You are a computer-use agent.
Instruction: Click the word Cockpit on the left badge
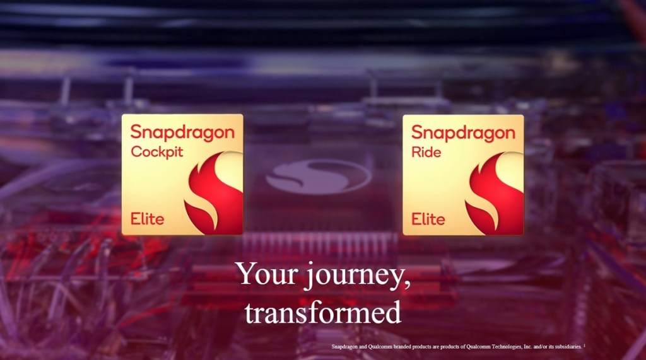coord(155,152)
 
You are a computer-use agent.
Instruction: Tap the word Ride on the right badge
coord(426,152)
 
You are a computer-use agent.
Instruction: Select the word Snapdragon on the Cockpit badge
coord(182,133)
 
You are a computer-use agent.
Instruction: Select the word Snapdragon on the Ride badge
coord(463,133)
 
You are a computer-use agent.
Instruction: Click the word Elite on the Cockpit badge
coord(147,219)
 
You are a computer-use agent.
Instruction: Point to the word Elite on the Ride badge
coord(428,219)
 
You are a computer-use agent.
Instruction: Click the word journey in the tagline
coord(349,276)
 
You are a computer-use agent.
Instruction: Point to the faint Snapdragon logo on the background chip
coord(318,176)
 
